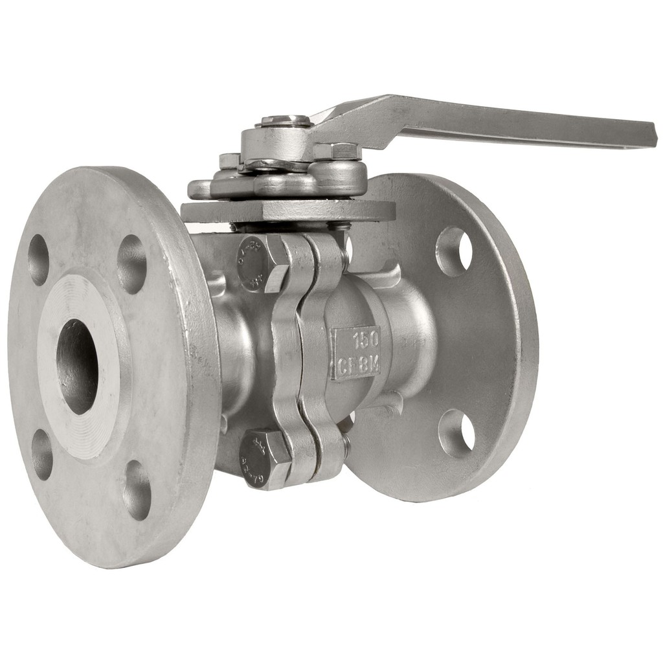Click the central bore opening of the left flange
click(77, 366)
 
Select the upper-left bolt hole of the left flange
click(38, 260)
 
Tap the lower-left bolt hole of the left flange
click(42, 454)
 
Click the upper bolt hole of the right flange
click(455, 251)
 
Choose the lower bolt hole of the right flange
click(456, 433)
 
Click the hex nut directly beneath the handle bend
click(337, 151)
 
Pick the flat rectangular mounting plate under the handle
click(288, 210)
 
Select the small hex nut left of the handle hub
click(230, 160)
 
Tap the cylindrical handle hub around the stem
click(275, 144)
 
